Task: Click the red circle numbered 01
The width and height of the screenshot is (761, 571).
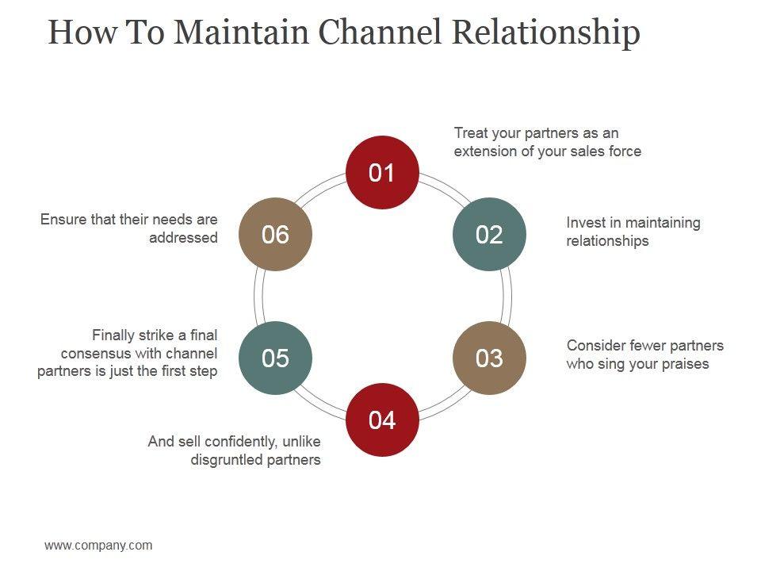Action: click(382, 172)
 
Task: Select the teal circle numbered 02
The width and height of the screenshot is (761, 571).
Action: click(489, 234)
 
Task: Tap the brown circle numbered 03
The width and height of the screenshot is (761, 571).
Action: click(489, 358)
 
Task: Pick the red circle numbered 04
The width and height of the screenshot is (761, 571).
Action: click(382, 420)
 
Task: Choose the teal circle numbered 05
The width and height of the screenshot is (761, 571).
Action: click(275, 358)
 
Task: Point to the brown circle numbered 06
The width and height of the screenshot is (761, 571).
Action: click(275, 234)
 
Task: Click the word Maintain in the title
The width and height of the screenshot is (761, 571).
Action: click(241, 32)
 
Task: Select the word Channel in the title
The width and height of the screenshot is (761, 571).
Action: click(380, 32)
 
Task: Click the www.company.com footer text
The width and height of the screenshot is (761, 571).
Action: click(98, 546)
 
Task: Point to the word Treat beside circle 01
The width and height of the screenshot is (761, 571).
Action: click(468, 133)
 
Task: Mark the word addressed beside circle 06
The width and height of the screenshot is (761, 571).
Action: click(183, 237)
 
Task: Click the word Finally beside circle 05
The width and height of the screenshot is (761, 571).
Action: click(113, 335)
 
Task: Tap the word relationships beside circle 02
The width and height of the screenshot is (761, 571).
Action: click(608, 241)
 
